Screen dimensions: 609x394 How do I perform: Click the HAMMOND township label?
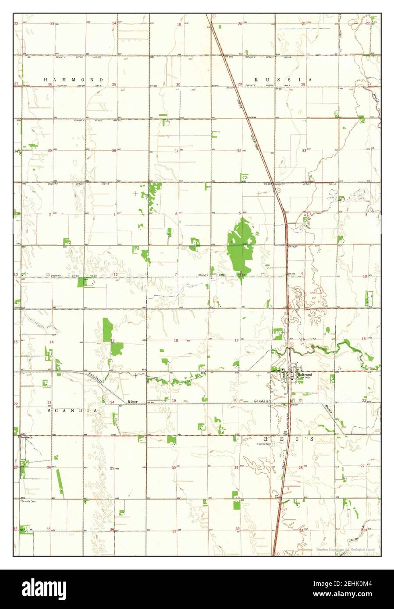(x=74, y=80)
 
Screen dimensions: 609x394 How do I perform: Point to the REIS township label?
(x=289, y=438)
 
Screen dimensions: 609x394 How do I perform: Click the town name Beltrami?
(x=304, y=375)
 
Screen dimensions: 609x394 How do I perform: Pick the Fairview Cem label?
(x=265, y=443)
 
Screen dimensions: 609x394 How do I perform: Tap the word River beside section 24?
(x=133, y=401)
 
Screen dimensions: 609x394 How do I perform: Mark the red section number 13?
(x=113, y=340)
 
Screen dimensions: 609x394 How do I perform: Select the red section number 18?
(x=176, y=340)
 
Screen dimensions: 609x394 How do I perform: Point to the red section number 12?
(x=116, y=275)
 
